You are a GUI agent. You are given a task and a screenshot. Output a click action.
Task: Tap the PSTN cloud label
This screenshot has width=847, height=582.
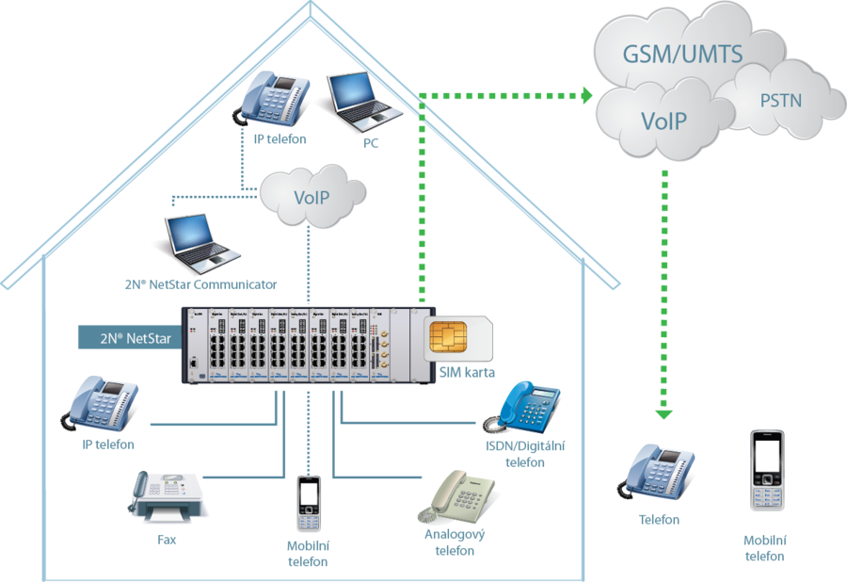pyautogui.click(x=780, y=99)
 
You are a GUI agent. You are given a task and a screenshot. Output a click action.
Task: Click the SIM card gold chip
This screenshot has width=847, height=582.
pyautogui.click(x=445, y=336)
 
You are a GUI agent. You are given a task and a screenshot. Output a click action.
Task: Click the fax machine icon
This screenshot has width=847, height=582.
pyautogui.click(x=168, y=497)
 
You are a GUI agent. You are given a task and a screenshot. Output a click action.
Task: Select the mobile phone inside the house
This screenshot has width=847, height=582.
pyautogui.click(x=308, y=505)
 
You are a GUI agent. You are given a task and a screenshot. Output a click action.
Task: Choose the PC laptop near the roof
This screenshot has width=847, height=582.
pyautogui.click(x=363, y=101)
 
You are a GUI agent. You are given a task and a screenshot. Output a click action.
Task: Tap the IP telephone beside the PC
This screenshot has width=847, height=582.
pyautogui.click(x=276, y=100)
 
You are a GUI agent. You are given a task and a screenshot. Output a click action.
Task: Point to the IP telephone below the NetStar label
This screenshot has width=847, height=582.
pyautogui.click(x=101, y=403)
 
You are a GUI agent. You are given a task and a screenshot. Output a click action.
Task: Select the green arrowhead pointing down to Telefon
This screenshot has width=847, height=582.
pyautogui.click(x=664, y=411)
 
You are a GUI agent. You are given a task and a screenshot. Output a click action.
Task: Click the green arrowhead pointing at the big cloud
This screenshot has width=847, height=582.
pyautogui.click(x=586, y=95)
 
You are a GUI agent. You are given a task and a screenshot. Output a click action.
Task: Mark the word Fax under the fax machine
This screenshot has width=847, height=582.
pyautogui.click(x=167, y=541)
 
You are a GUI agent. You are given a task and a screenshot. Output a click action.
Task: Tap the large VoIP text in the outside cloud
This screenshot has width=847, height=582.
pyautogui.click(x=663, y=121)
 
